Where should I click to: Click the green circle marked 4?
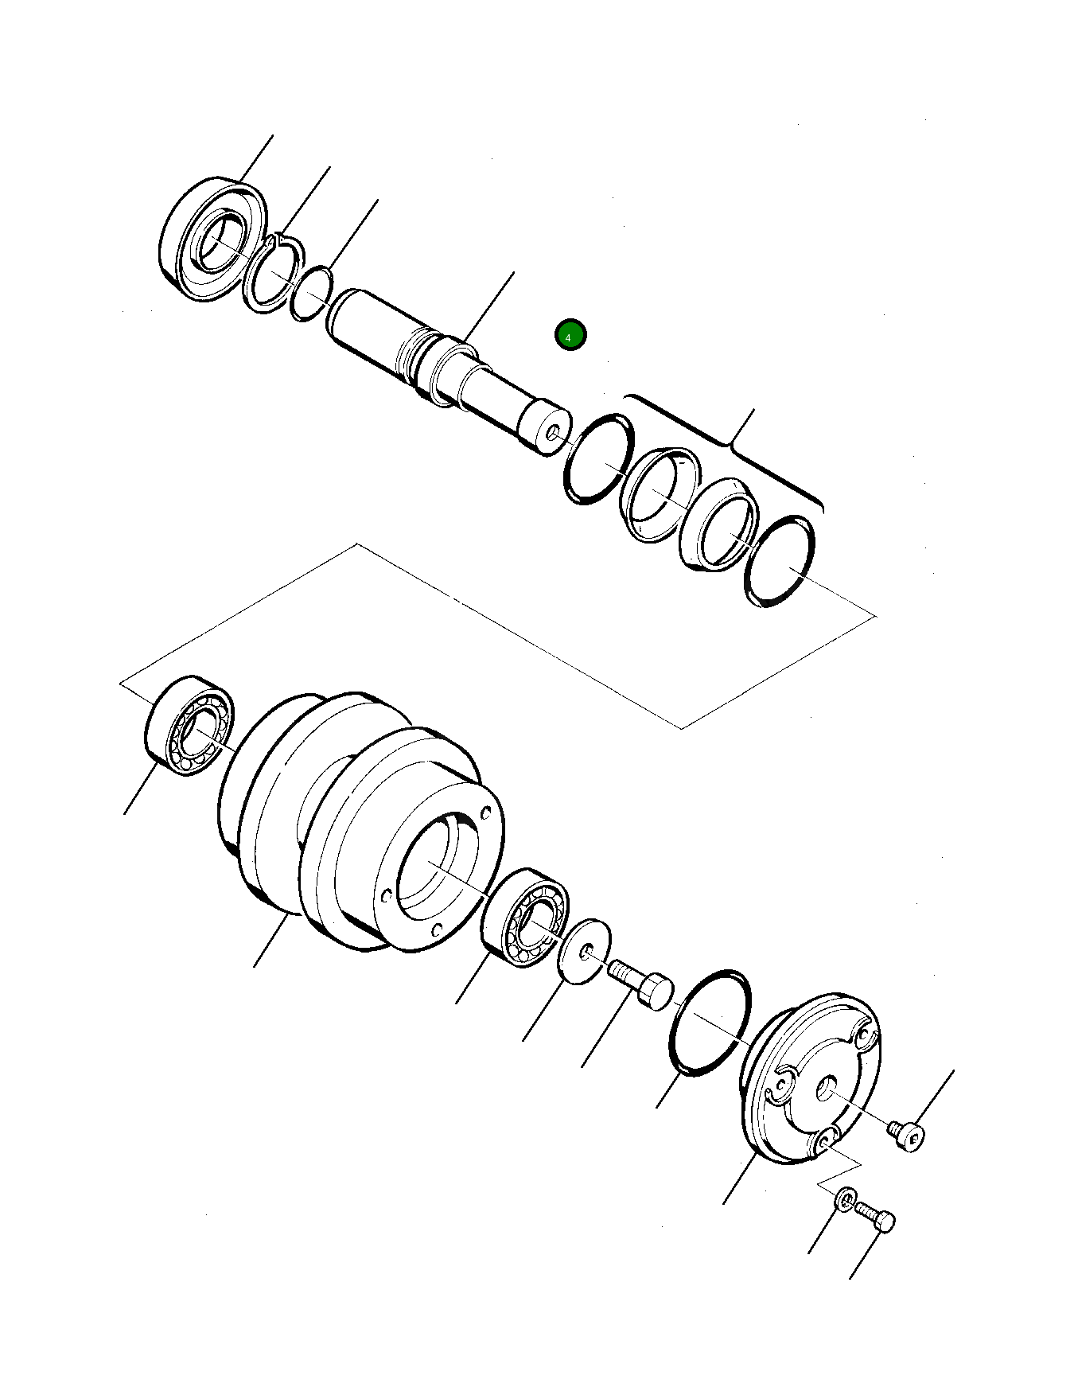click(570, 336)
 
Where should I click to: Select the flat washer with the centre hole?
click(585, 950)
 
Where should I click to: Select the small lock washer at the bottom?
click(846, 1197)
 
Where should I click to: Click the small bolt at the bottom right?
click(876, 1218)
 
